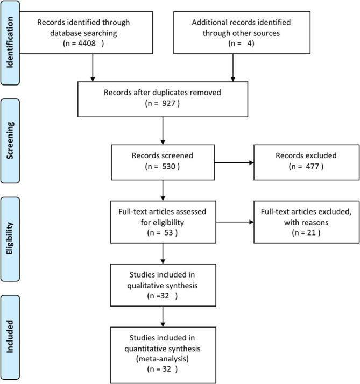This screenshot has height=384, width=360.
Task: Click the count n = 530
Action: tap(162, 166)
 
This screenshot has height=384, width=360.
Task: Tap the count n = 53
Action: tap(161, 234)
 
